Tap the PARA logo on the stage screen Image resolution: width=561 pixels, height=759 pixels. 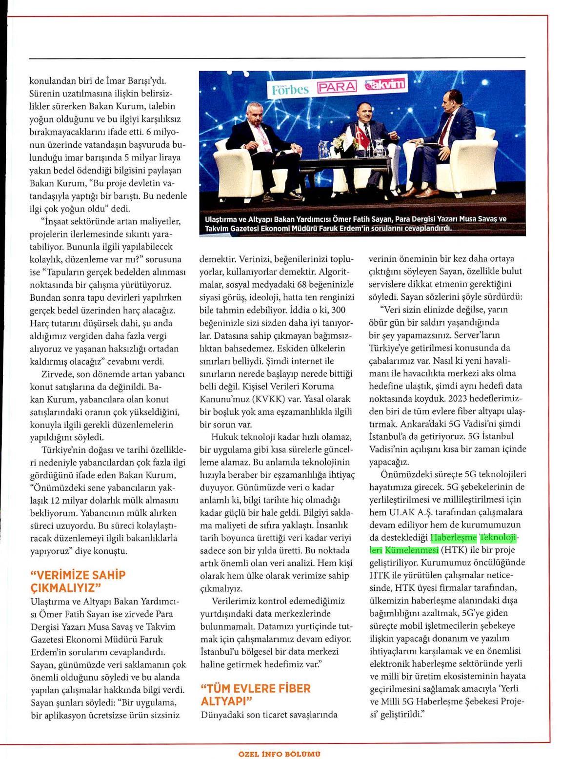[x=337, y=87]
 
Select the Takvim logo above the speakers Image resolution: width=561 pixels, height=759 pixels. [x=387, y=84]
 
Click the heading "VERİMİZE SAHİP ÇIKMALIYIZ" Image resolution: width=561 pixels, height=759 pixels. [x=78, y=580]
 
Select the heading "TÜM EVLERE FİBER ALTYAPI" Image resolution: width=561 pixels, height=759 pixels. [x=256, y=695]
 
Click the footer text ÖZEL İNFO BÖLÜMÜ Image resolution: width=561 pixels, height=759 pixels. [x=280, y=754]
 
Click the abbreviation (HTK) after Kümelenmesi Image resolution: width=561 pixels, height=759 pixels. [x=453, y=550]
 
